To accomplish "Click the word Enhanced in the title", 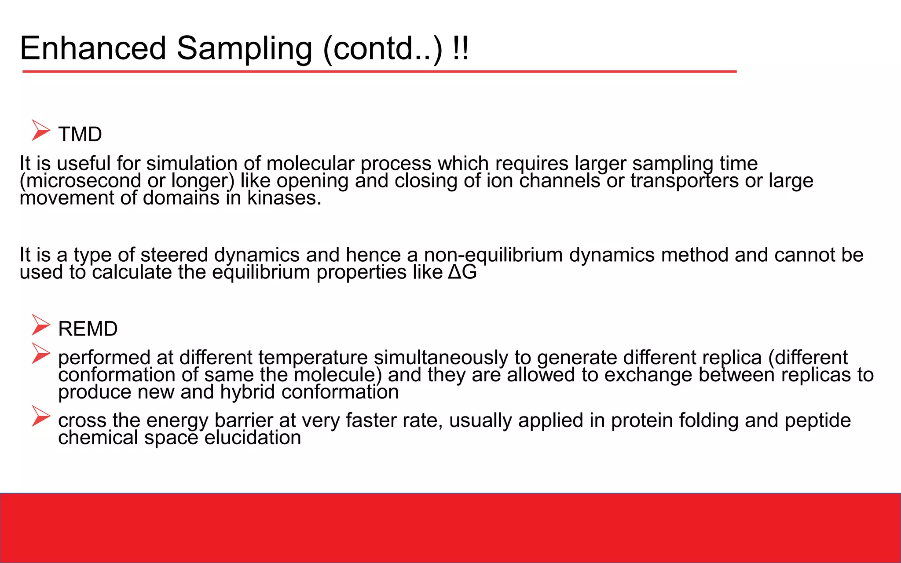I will (93, 48).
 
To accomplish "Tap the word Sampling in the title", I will (245, 48).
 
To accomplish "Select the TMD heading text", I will (80, 134).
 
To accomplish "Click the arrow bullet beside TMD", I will (41, 131).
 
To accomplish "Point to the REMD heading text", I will (88, 329).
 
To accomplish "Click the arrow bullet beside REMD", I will (41, 325).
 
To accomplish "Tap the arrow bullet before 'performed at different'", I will (41, 354).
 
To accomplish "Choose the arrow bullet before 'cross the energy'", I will (41, 417).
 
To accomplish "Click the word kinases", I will (284, 198).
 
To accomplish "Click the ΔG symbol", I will (462, 272).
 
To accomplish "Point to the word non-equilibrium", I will (493, 255).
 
